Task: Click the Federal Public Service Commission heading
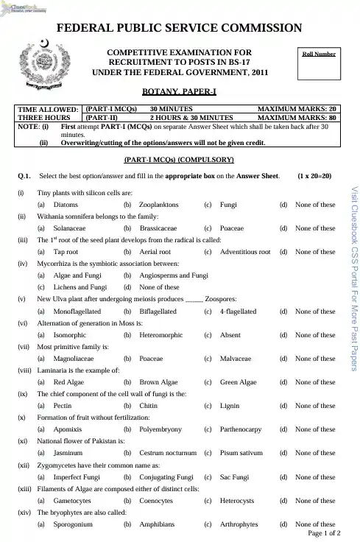click(180, 29)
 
